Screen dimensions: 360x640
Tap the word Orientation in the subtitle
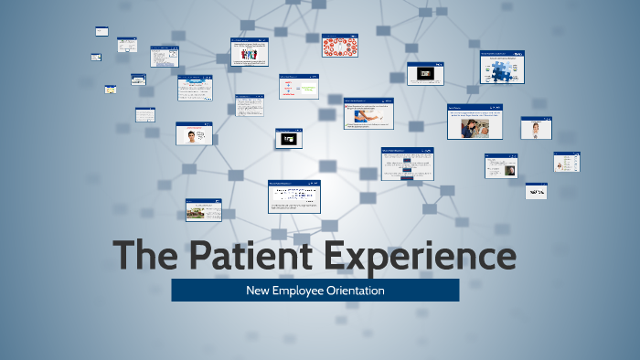(x=352, y=291)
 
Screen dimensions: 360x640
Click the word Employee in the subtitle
(x=295, y=291)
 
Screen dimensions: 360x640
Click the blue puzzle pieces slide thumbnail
(x=503, y=68)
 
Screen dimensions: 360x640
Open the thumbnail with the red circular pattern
(x=339, y=46)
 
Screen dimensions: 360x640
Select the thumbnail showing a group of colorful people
(x=250, y=52)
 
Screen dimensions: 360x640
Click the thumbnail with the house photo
(x=203, y=210)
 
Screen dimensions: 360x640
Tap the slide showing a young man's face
(x=194, y=134)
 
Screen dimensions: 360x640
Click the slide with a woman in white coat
(x=536, y=128)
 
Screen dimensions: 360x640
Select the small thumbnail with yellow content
(x=111, y=90)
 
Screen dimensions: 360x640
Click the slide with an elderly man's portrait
(x=501, y=166)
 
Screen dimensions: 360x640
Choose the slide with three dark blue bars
(x=407, y=164)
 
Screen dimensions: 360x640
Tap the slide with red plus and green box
(x=298, y=87)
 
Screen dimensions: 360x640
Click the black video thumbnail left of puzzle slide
(x=425, y=74)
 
